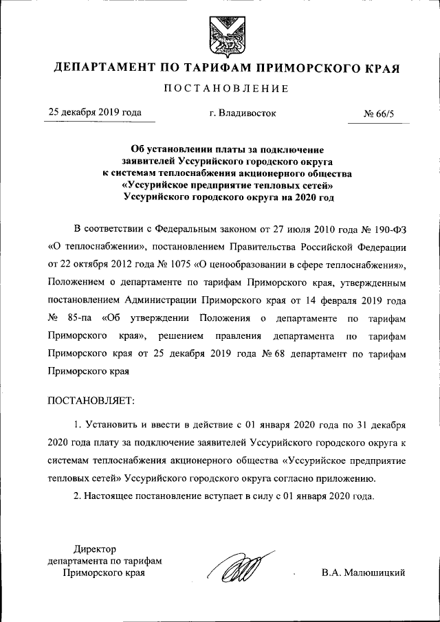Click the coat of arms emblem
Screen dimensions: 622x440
pyautogui.click(x=220, y=34)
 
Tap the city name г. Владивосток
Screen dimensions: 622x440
pyautogui.click(x=243, y=113)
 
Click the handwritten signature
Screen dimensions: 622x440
pyautogui.click(x=241, y=570)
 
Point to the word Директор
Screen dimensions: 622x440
pyautogui.click(x=95, y=548)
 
